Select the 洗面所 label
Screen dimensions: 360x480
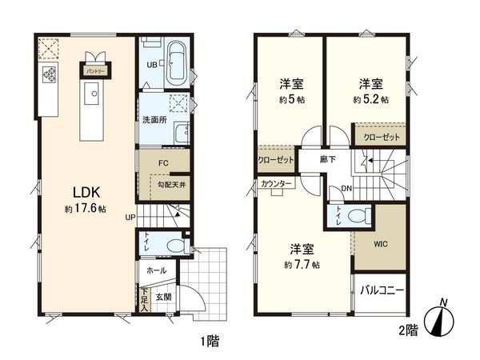point(154,122)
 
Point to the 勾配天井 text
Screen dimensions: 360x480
point(170,185)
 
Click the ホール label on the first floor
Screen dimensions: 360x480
point(157,271)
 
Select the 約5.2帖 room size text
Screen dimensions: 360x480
point(371,100)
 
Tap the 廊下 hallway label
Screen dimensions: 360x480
point(328,158)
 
